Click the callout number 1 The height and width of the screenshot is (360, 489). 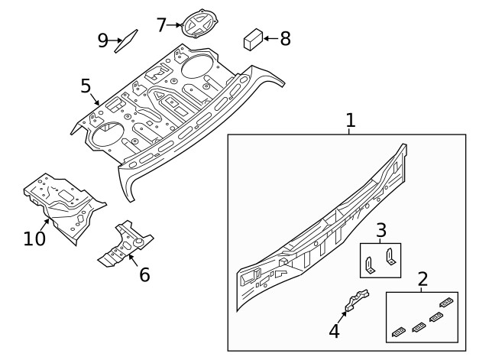click(x=350, y=120)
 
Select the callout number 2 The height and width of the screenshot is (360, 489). click(x=422, y=280)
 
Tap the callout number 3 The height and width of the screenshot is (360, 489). click(x=381, y=230)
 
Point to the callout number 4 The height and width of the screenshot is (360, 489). click(x=333, y=330)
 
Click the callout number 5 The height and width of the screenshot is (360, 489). click(x=86, y=85)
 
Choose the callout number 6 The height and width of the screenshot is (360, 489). click(x=144, y=274)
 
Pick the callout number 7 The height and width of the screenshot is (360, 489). click(x=161, y=24)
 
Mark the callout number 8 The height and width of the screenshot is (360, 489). click(x=285, y=38)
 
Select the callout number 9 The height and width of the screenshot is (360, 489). click(x=102, y=40)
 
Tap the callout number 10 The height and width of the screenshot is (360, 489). click(x=34, y=238)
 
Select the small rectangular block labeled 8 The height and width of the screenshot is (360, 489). click(x=252, y=39)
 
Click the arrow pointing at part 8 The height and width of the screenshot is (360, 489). click(x=270, y=38)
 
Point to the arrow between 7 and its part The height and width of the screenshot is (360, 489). click(x=175, y=24)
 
